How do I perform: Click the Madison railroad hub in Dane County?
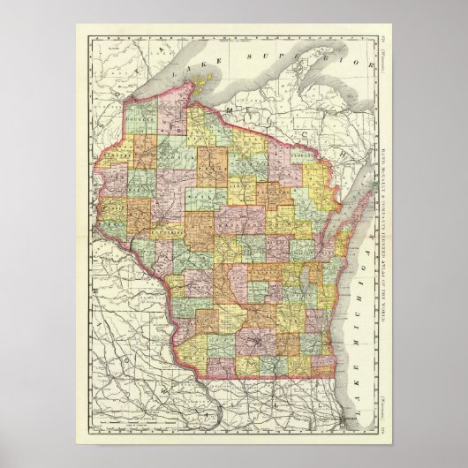256,339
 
